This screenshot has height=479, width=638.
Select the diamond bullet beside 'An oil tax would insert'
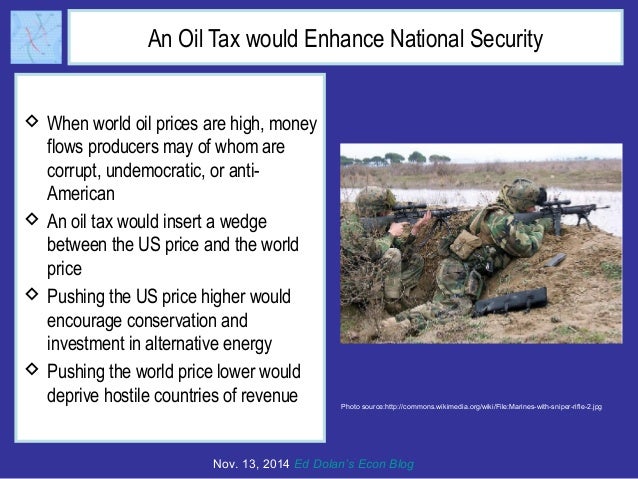30,218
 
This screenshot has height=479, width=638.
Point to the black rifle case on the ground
509,300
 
